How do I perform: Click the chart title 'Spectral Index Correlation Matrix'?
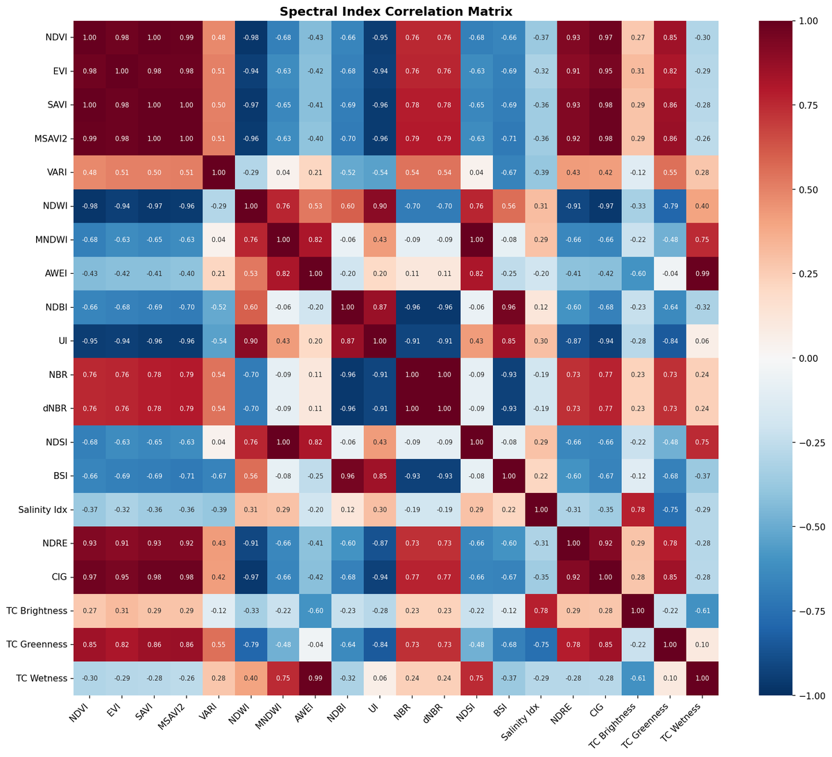tap(396, 11)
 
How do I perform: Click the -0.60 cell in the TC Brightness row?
tap(315, 611)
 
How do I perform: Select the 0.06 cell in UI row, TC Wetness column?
tap(702, 341)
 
